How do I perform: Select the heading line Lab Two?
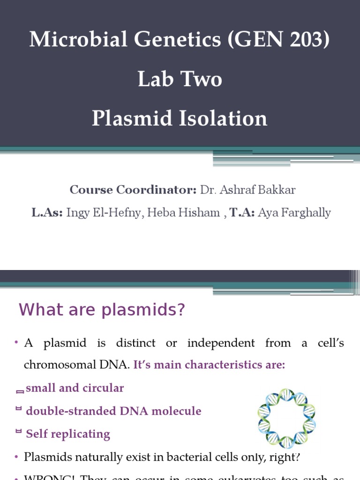180,79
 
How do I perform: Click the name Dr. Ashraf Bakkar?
248,190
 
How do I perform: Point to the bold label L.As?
47,213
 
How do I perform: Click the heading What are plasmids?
102,310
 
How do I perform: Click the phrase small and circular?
75,388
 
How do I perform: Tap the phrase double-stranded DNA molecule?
113,411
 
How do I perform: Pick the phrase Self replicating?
68,434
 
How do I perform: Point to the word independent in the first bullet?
221,343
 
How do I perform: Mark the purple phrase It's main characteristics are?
209,366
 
